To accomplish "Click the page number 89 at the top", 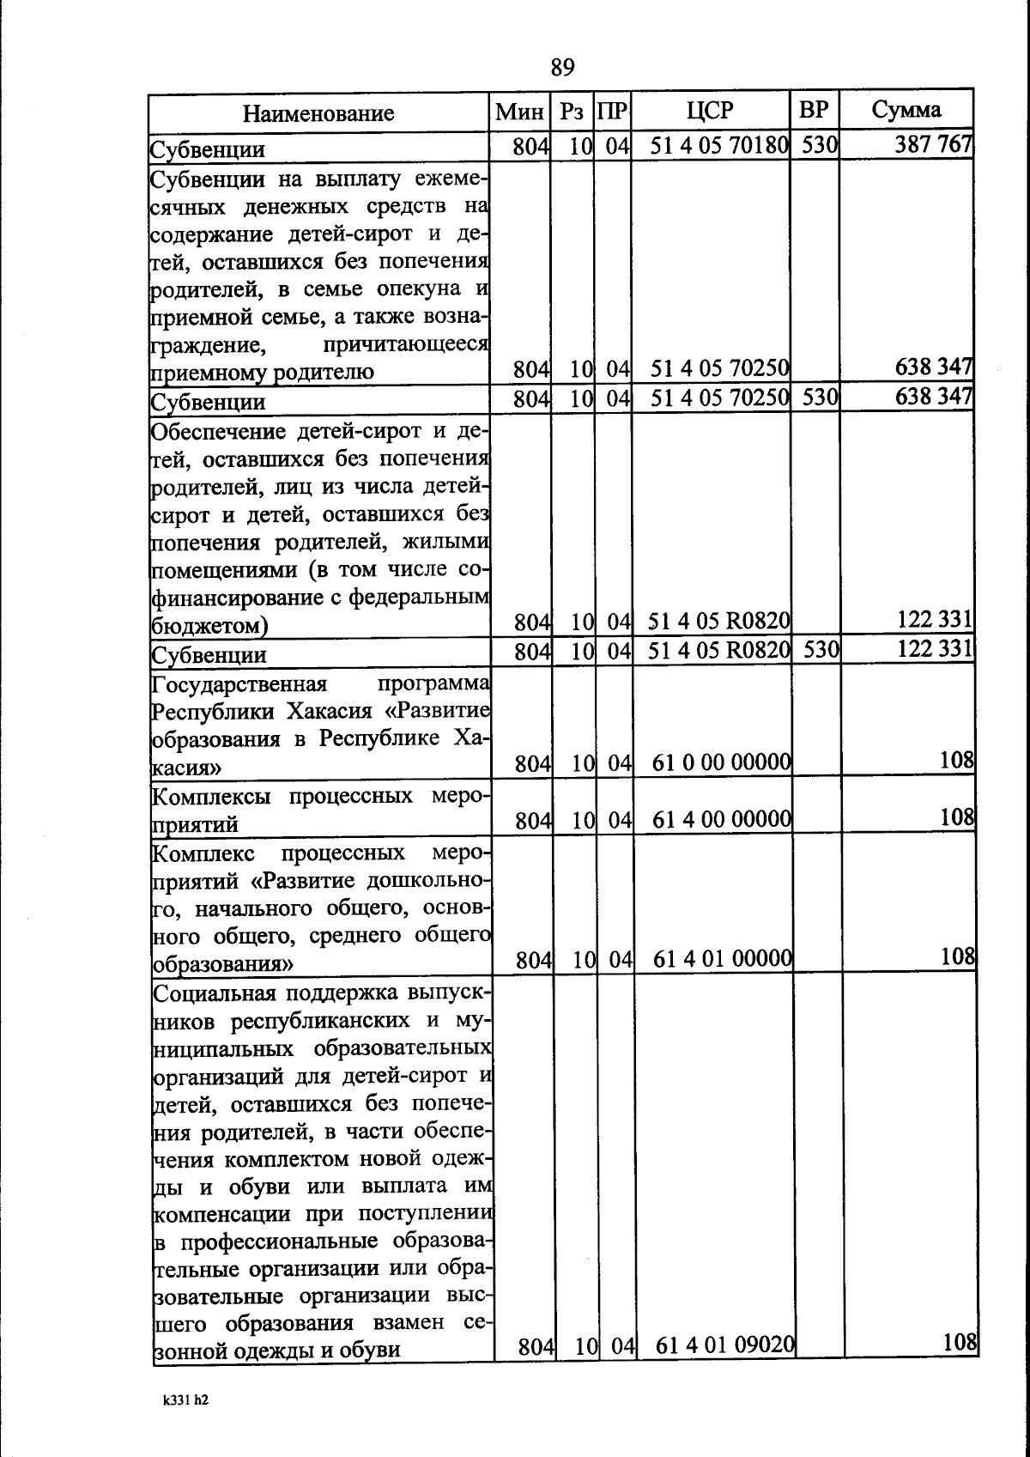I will pos(562,68).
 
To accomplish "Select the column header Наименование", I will pos(318,113).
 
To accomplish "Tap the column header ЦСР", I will pos(710,110).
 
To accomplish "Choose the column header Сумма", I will pos(906,110).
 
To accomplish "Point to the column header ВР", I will pos(813,110).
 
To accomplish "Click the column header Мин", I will pos(519,111).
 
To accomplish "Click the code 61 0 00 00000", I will pos(722,762).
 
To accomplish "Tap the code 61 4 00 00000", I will pos(722,820).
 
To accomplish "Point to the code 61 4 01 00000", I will pos(722,959).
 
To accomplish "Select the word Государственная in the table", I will pos(239,684).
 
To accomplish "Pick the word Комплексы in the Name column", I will pos(212,796).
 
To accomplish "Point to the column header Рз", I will pos(572,111).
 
